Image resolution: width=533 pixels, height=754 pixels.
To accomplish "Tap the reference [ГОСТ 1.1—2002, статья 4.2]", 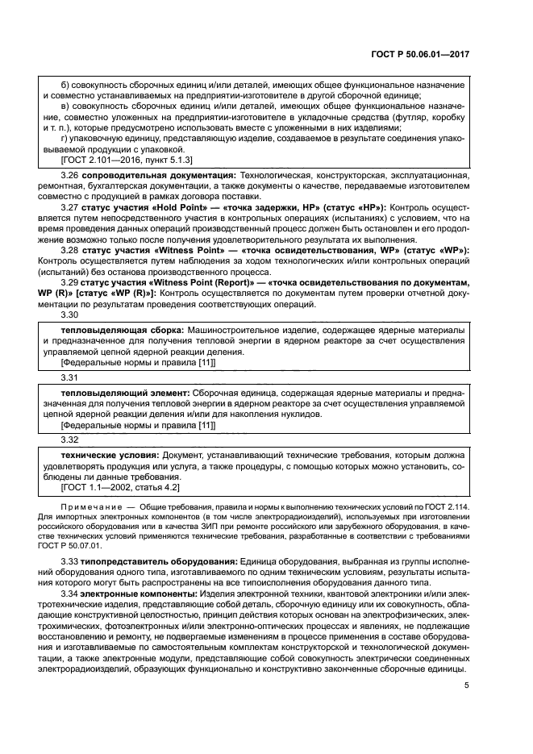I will (x=120, y=488).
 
